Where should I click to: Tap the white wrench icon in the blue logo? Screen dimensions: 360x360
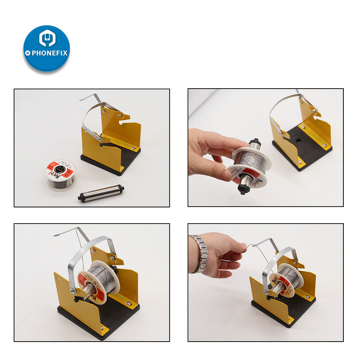pyautogui.click(x=47, y=39)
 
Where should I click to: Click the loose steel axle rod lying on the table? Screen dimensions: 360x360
pyautogui.click(x=100, y=193)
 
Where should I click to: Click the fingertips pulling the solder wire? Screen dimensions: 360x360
pyautogui.click(x=243, y=247)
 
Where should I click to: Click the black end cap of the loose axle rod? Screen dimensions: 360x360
pyautogui.click(x=81, y=197)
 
